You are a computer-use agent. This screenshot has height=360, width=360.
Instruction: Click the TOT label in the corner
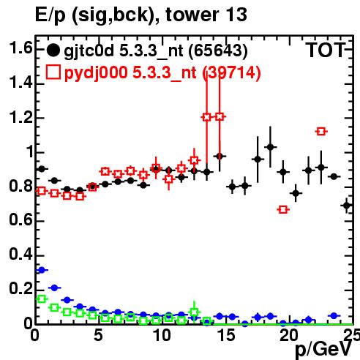click(x=326, y=50)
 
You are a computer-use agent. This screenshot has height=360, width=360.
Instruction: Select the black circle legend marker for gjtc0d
click(x=53, y=50)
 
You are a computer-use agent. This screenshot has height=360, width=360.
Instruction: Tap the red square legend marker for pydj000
click(x=53, y=72)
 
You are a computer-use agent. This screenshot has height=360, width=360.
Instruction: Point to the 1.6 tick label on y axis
click(x=20, y=48)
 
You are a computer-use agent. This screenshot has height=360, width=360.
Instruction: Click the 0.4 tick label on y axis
click(x=20, y=254)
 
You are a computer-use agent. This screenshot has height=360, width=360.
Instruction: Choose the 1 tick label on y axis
click(x=30, y=151)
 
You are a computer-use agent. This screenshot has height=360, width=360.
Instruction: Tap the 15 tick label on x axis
click(x=226, y=336)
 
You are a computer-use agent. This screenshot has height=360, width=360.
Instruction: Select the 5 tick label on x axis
click(x=98, y=336)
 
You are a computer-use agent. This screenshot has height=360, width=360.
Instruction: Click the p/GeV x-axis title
click(x=323, y=350)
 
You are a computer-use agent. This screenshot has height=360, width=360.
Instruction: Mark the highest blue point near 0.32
click(x=42, y=270)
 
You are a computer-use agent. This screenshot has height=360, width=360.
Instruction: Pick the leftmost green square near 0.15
click(x=42, y=299)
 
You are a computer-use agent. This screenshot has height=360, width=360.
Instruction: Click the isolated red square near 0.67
click(x=283, y=209)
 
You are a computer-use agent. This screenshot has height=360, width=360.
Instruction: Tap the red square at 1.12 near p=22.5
click(x=321, y=132)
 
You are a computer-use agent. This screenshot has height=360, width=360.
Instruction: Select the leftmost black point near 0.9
click(x=42, y=169)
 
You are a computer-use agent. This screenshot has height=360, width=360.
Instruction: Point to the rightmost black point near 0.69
click(x=347, y=206)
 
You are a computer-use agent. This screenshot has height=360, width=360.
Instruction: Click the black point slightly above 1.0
click(x=270, y=147)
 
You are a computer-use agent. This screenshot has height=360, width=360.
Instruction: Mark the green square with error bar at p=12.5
click(x=194, y=312)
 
